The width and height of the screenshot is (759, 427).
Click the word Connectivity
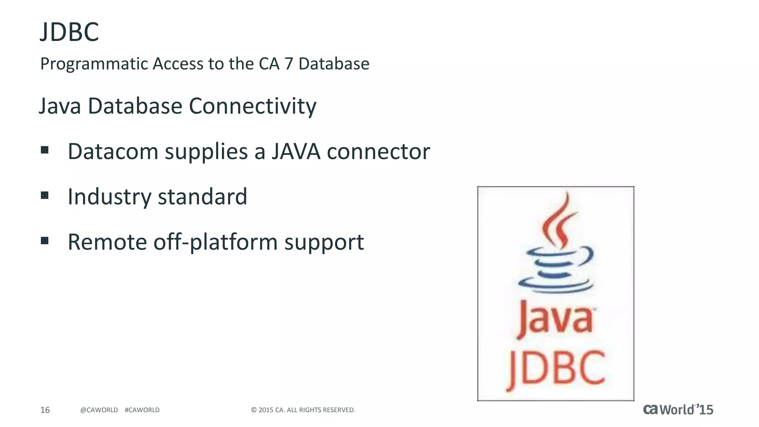[x=252, y=106]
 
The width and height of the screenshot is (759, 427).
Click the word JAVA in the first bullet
[x=296, y=152]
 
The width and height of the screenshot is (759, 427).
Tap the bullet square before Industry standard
[x=45, y=195]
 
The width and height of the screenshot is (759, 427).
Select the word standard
[x=202, y=197]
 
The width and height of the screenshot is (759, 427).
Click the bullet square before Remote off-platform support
[x=45, y=241]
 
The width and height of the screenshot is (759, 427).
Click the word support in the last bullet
[x=324, y=243]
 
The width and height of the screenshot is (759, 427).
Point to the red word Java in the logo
[x=555, y=320]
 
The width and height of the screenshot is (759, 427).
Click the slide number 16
[x=45, y=410]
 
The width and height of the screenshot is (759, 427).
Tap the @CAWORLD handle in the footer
[x=99, y=410]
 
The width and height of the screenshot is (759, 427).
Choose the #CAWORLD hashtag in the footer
[x=142, y=410]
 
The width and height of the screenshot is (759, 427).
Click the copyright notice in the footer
[x=303, y=410]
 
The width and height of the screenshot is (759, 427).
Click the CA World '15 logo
[x=678, y=410]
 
